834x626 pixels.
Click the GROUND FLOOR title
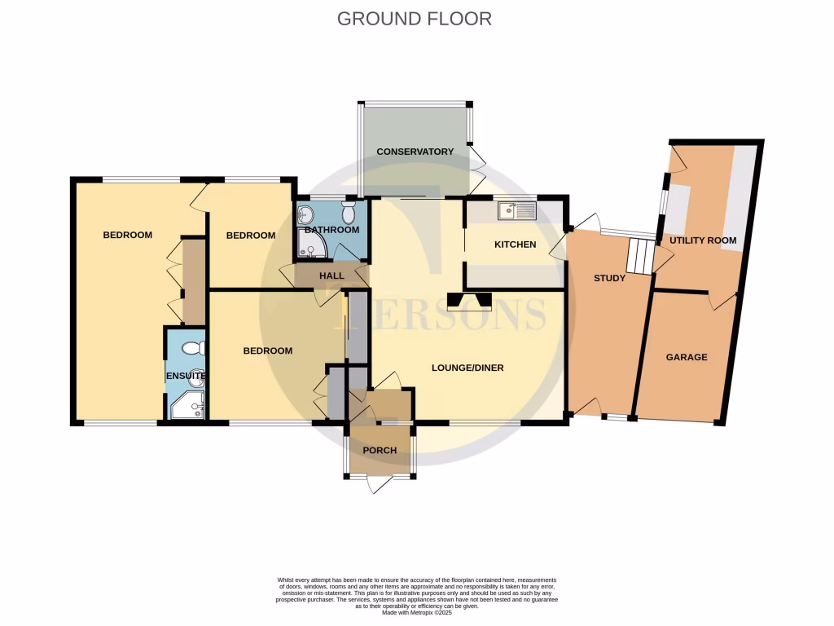(415, 18)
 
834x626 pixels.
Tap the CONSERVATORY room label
(415, 152)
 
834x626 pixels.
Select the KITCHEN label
(516, 245)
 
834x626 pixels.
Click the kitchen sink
(517, 212)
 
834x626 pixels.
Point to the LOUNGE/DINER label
(467, 368)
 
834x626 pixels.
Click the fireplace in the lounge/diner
(469, 302)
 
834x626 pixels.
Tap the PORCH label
(380, 451)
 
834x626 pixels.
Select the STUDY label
(609, 278)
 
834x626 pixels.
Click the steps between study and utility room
(639, 257)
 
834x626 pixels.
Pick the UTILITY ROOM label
(703, 240)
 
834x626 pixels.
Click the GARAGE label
(687, 357)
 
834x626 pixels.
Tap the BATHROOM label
(332, 230)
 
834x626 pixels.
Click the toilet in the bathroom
(349, 214)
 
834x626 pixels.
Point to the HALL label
(331, 276)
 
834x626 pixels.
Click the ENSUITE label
(186, 376)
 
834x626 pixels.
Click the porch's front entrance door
(380, 483)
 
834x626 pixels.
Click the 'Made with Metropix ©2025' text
(416, 612)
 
